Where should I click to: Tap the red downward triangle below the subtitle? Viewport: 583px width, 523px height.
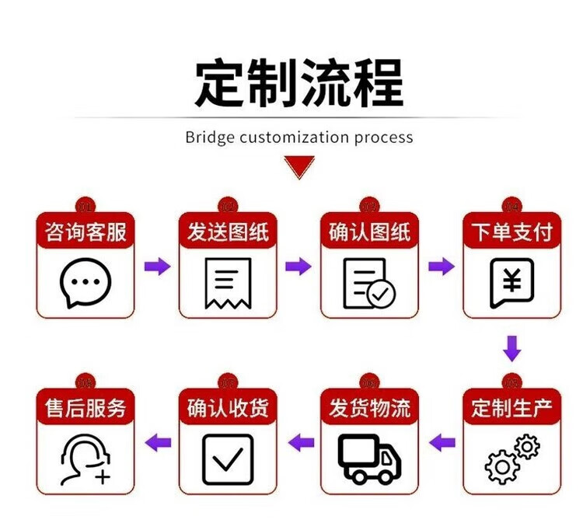tap(298, 166)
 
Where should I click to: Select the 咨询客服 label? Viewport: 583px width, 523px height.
tap(86, 232)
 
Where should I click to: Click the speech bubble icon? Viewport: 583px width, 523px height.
tap(86, 281)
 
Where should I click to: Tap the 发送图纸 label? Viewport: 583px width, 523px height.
tap(228, 232)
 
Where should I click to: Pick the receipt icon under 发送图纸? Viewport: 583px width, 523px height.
tap(228, 282)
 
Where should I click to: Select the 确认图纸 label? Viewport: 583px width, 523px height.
tap(370, 232)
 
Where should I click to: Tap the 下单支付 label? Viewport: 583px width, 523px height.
tap(511, 232)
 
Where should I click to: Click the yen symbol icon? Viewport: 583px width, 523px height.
tap(511, 282)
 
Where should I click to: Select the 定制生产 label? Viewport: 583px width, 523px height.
tap(511, 408)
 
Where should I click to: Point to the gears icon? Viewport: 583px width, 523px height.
tap(511, 458)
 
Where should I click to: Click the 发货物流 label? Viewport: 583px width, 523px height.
tap(370, 408)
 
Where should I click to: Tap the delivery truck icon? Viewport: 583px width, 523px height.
tap(370, 458)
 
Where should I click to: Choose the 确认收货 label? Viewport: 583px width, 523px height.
tap(228, 408)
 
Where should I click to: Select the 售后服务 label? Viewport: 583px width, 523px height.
tap(86, 408)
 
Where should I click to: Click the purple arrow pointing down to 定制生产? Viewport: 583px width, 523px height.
tap(511, 347)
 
